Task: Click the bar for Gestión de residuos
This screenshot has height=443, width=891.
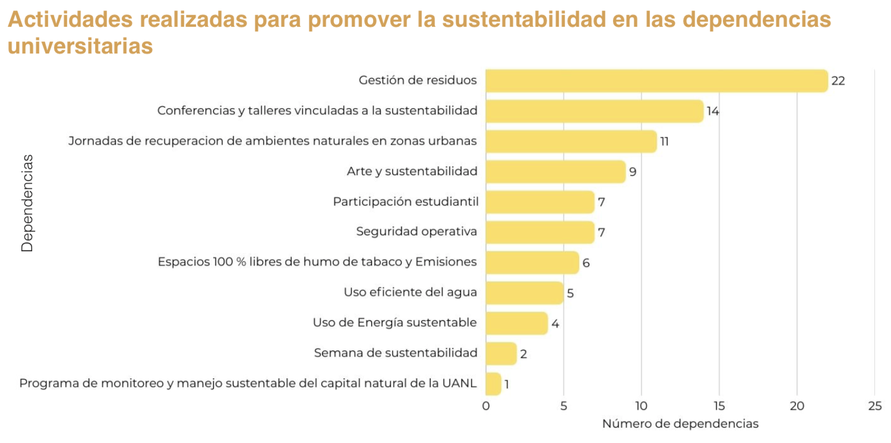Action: click(x=656, y=81)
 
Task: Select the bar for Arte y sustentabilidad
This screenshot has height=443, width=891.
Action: click(x=555, y=172)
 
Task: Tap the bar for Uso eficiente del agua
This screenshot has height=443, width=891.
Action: click(x=525, y=293)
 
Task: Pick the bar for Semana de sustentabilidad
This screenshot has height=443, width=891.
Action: click(x=501, y=353)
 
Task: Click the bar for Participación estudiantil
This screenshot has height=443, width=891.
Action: click(x=540, y=202)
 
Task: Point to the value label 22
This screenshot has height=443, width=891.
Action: click(x=838, y=81)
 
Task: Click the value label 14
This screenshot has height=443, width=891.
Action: click(x=713, y=111)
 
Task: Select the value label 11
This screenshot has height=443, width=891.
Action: click(x=665, y=141)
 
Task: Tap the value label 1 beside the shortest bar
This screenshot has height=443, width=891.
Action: click(x=507, y=384)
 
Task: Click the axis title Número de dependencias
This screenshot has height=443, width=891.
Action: click(x=680, y=424)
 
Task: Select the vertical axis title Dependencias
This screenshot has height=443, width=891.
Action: click(x=27, y=203)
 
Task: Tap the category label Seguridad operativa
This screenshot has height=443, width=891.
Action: click(x=416, y=232)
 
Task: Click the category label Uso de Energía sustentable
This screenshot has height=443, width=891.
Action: click(x=395, y=322)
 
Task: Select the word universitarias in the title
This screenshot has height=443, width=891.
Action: click(x=80, y=46)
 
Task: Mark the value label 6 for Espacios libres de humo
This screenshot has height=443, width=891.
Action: click(x=586, y=262)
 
